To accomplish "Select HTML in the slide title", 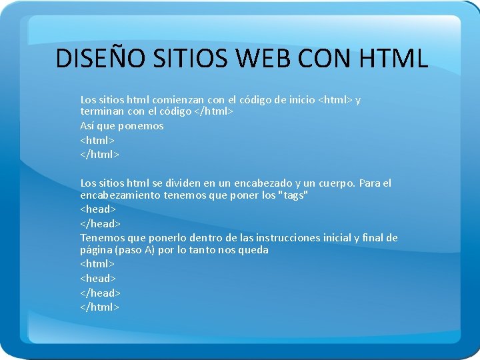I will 393,59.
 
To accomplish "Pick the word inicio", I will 300,99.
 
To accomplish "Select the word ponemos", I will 142,125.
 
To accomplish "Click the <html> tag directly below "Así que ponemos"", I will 97,140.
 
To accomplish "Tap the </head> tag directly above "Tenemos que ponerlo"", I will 100,223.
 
